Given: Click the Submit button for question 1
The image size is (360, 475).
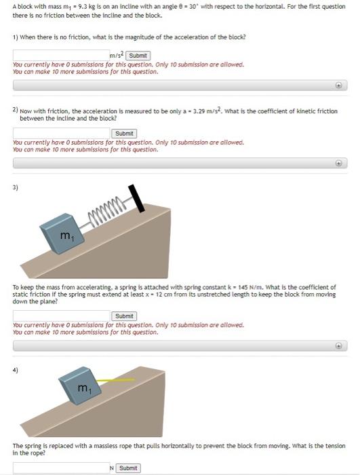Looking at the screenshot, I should pyautogui.click(x=138, y=56).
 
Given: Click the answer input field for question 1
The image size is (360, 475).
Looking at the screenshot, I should pyautogui.click(x=61, y=55).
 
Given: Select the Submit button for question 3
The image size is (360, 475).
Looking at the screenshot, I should pyautogui.click(x=124, y=316).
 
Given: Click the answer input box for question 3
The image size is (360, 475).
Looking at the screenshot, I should pyautogui.click(x=61, y=316).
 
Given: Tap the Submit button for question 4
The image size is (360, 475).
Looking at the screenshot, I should pyautogui.click(x=127, y=468).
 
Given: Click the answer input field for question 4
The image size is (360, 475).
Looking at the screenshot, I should pyautogui.click(x=61, y=468).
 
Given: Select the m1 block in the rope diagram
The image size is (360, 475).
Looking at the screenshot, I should pyautogui.click(x=82, y=388).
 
